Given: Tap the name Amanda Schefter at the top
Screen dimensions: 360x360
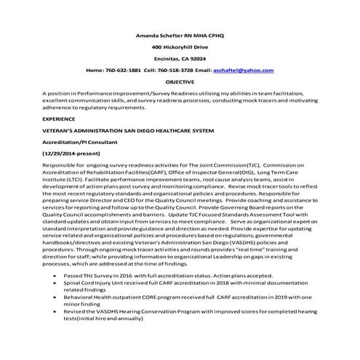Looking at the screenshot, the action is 156,34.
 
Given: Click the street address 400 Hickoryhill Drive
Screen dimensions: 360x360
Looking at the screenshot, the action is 180,46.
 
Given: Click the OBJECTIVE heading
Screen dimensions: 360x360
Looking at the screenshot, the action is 180,82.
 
